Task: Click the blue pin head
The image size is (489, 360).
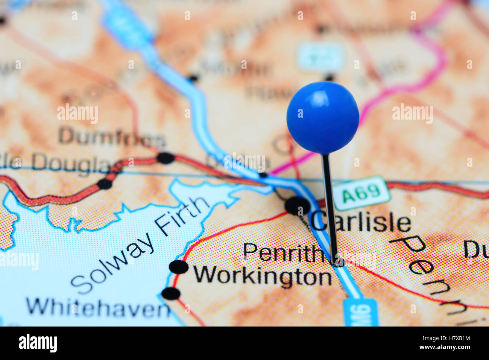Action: pyautogui.click(x=323, y=117)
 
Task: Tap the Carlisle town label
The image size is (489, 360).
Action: pyautogui.click(x=361, y=223)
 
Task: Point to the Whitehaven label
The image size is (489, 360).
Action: pyautogui.click(x=98, y=307)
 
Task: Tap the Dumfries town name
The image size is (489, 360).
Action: pyautogui.click(x=112, y=137)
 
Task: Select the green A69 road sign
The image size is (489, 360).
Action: pyautogui.click(x=361, y=193)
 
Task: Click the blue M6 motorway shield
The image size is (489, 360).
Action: pyautogui.click(x=360, y=312)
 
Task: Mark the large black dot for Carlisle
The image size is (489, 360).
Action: pyautogui.click(x=297, y=206)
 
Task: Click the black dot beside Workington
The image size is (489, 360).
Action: pyautogui.click(x=178, y=267)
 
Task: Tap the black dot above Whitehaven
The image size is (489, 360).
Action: pyautogui.click(x=171, y=293)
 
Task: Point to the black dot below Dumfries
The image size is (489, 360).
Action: pyautogui.click(x=166, y=158)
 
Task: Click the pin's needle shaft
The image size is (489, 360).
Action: pyautogui.click(x=330, y=207)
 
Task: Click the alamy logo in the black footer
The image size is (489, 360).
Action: pyautogui.click(x=38, y=343)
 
